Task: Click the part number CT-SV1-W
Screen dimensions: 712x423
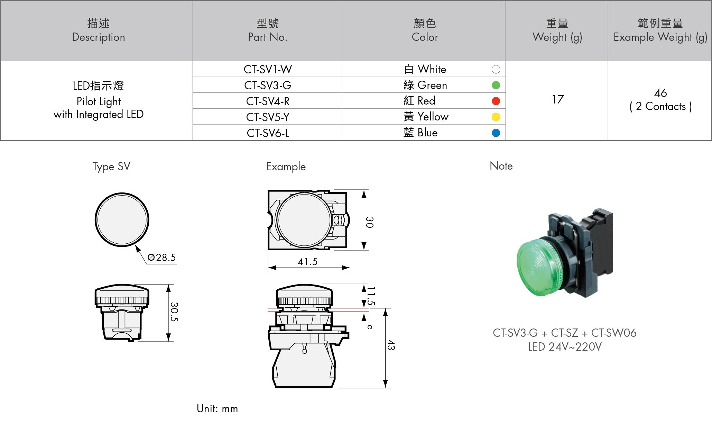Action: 268,69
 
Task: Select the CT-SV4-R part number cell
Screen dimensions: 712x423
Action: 268,101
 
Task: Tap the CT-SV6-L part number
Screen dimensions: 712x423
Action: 268,133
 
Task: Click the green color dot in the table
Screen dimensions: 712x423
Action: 496,85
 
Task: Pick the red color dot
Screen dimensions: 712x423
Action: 496,101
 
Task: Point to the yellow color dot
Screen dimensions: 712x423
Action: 496,117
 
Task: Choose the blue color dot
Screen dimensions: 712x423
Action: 496,133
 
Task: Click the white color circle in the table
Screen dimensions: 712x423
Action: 496,70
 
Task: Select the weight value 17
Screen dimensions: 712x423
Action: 557,100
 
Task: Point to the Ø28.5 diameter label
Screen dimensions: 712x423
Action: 161,258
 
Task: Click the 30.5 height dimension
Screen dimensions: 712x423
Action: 174,312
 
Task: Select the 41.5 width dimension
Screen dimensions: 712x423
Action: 307,262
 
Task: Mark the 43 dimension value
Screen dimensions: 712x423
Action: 391,345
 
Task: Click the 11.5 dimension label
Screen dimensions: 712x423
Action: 371,296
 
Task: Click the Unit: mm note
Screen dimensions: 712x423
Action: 217,409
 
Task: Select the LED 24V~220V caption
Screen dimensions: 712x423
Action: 565,347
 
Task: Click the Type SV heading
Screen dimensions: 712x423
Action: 111,167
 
